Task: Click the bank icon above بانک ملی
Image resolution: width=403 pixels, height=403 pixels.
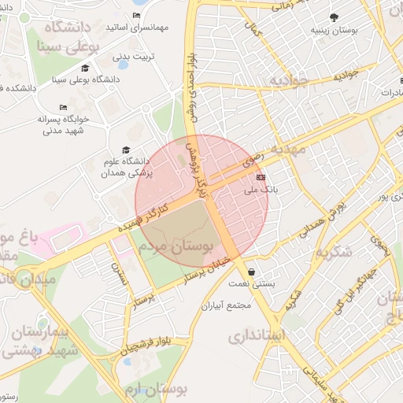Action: (261, 178)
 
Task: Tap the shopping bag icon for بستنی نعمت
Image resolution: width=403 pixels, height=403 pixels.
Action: (251, 272)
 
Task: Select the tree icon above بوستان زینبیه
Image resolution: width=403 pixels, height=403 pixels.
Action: (335, 17)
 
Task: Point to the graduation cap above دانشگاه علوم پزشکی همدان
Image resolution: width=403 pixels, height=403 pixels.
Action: (124, 150)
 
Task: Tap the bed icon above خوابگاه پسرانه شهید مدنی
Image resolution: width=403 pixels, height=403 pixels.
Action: (63, 108)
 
